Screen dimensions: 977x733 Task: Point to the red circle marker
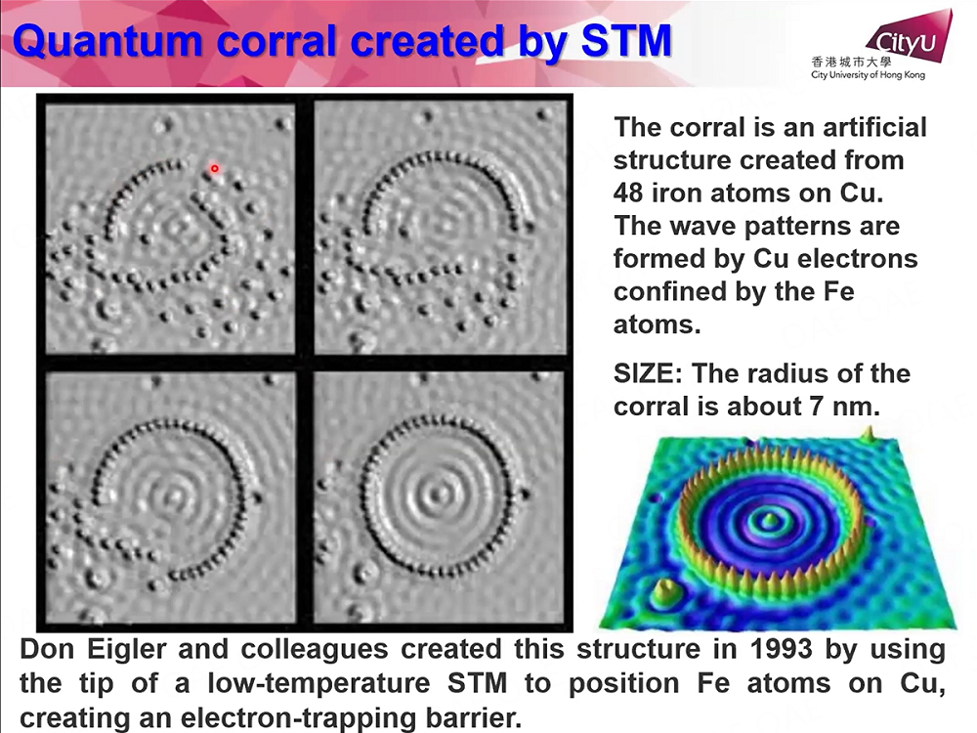click(214, 168)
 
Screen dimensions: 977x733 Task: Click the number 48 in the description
click(627, 194)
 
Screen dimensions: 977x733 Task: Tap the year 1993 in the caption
click(782, 650)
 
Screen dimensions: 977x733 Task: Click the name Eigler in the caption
click(126, 651)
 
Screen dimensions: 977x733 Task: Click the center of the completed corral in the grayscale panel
click(440, 496)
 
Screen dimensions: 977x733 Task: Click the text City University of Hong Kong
click(868, 75)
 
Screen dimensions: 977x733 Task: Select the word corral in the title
click(276, 42)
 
